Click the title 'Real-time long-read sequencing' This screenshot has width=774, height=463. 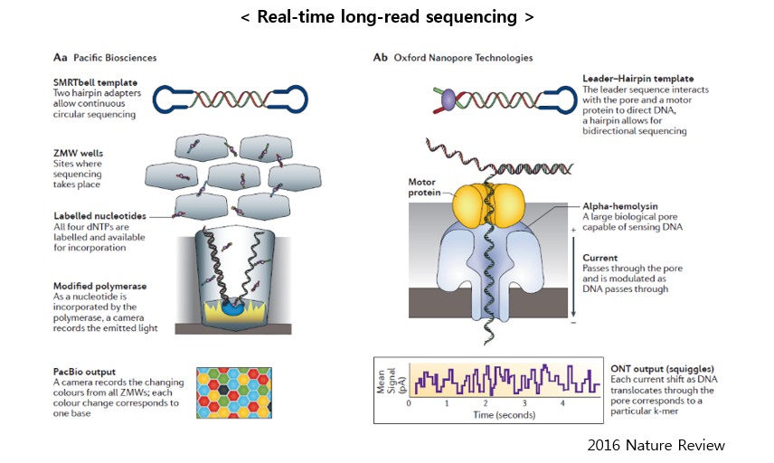pos(387,17)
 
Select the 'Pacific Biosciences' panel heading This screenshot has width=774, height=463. pos(115,58)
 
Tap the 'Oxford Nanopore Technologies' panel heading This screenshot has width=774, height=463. pos(463,58)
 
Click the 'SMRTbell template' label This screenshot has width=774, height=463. pos(95,82)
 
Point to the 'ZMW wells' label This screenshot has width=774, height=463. pos(78,153)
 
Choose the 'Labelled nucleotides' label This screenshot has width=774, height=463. pos(99,216)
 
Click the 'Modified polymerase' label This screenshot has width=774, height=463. pos(99,286)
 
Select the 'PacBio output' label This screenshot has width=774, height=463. pos(84,372)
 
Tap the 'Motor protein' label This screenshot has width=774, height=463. pos(423,187)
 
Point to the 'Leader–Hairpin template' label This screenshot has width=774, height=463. pos(637,79)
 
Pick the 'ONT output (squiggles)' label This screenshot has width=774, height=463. pos(663,369)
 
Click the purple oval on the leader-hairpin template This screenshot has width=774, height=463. pos(448,99)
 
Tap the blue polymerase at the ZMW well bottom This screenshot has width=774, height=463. pos(232,308)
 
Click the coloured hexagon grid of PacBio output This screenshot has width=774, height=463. pos(234,392)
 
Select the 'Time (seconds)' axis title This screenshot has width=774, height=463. pos(504,415)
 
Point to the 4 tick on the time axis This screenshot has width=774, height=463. pos(562,402)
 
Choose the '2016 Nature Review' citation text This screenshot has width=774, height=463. pos(656,445)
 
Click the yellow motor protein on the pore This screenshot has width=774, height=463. pos(487,205)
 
